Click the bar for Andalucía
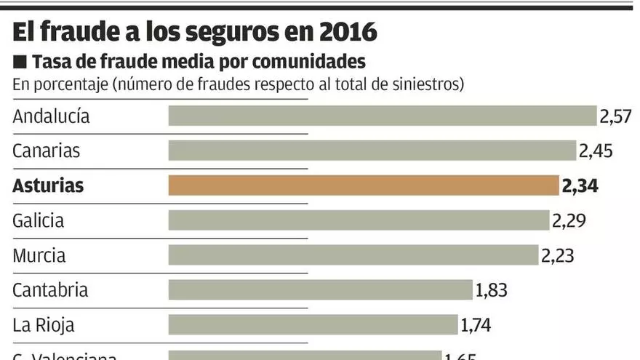tap(383, 116)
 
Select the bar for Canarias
tap(372, 151)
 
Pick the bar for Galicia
tap(359, 220)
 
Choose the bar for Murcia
tap(353, 255)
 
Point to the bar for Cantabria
tap(321, 290)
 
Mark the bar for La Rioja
tap(313, 324)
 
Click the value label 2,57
tap(615, 116)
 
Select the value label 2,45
tap(596, 151)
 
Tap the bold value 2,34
tap(580, 186)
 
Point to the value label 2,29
tap(569, 221)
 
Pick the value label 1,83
tap(491, 290)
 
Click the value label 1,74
tap(476, 325)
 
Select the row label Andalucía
tap(51, 116)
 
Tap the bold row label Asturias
tap(48, 186)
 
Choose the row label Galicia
tap(39, 221)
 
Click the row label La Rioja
tap(44, 325)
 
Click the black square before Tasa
tap(20, 60)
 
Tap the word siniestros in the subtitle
tap(426, 84)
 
